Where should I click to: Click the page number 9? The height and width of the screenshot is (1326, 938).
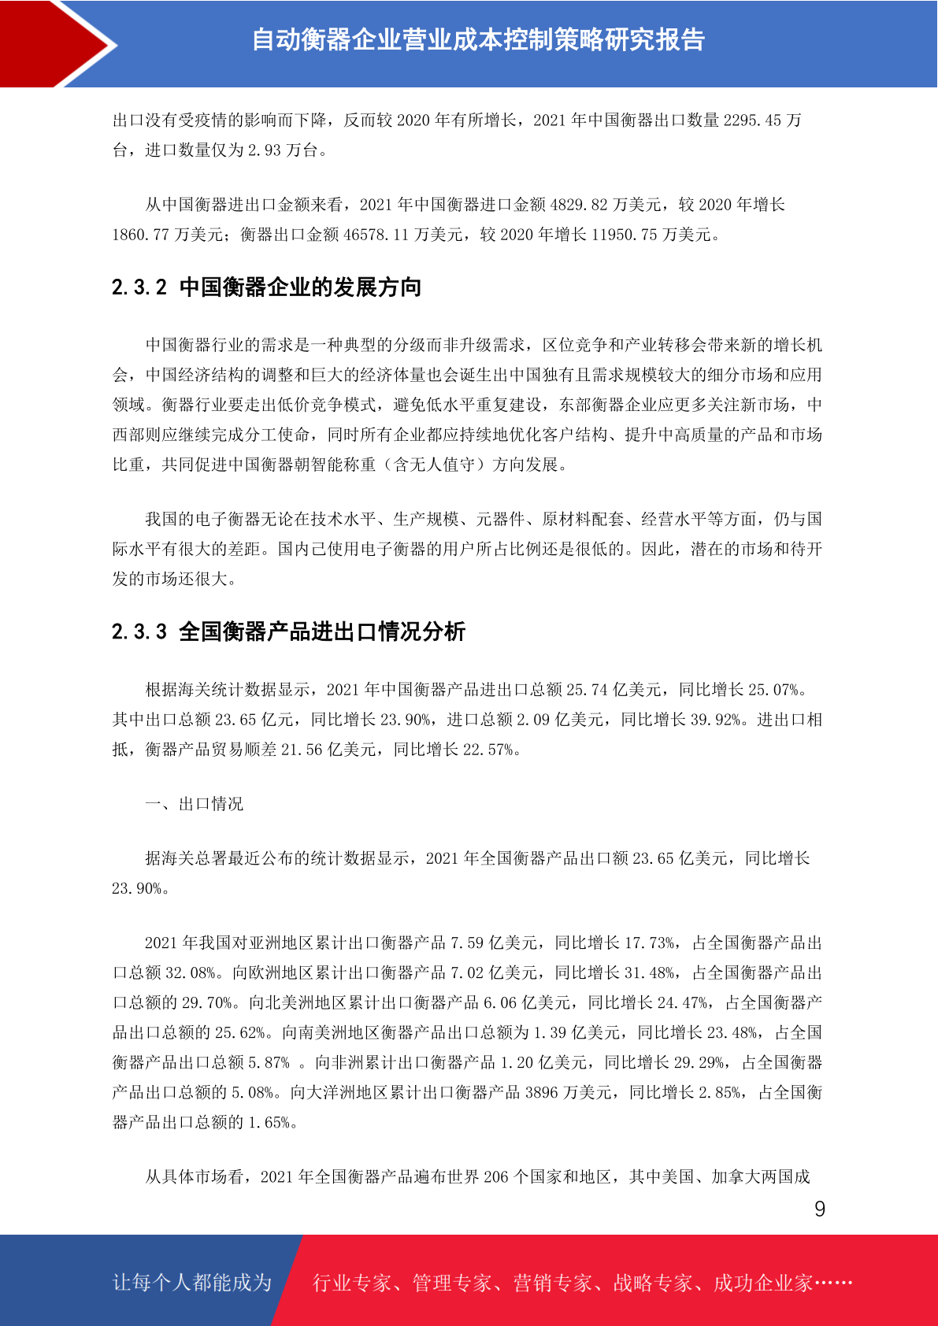pos(820,1209)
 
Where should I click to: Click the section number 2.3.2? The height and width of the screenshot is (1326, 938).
pos(139,287)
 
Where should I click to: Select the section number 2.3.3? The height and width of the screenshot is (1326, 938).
pos(139,632)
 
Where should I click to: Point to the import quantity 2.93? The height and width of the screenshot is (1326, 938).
pos(264,150)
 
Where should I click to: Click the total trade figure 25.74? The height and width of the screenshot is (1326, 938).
pos(587,690)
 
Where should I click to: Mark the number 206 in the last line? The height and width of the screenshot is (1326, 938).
pos(495,1177)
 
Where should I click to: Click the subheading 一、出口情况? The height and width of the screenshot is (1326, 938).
pos(195,804)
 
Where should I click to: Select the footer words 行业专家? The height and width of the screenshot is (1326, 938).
pos(352,1283)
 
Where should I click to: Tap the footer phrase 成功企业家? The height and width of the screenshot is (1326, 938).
pos(762,1283)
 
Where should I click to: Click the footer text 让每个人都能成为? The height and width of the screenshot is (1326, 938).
pos(192,1283)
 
